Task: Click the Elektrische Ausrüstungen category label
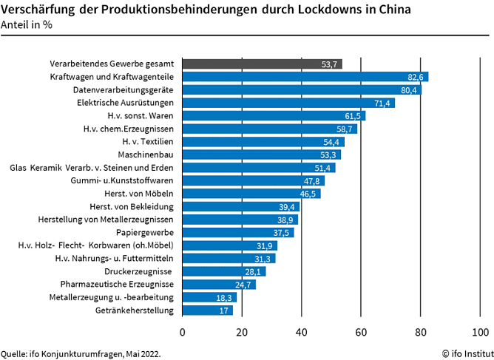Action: pyautogui.click(x=126, y=103)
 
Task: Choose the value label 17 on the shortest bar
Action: pyautogui.click(x=223, y=310)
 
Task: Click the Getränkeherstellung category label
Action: pyautogui.click(x=135, y=310)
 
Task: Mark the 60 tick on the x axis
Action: pyautogui.click(x=361, y=330)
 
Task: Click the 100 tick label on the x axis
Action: pyautogui.click(x=480, y=330)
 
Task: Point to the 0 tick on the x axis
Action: pyautogui.click(x=183, y=330)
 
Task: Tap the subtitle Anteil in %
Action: pyautogui.click(x=27, y=24)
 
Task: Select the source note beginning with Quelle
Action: pyautogui.click(x=81, y=353)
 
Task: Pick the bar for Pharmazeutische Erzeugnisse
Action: pyautogui.click(x=219, y=284)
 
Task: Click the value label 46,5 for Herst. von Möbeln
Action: pyautogui.click(x=310, y=194)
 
